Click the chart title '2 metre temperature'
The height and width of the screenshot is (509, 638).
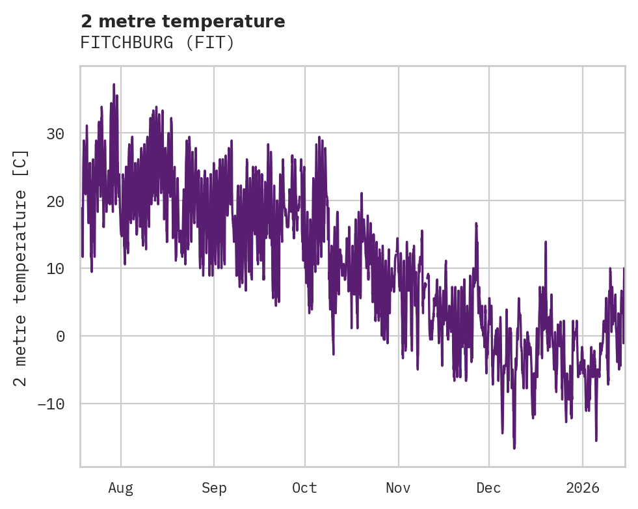click(183, 21)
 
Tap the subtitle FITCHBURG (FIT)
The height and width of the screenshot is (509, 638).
click(157, 43)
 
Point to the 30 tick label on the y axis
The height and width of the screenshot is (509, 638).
click(55, 134)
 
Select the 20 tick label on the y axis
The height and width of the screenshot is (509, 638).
click(55, 201)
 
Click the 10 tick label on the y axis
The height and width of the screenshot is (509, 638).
click(55, 269)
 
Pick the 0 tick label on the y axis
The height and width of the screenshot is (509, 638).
click(60, 336)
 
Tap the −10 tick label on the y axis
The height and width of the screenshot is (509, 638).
click(51, 404)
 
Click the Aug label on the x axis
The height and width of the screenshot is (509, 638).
click(121, 488)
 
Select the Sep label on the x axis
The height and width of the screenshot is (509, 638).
click(213, 488)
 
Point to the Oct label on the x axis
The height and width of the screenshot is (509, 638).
click(304, 488)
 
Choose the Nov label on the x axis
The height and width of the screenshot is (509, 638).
click(398, 488)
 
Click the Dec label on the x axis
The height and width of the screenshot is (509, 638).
click(489, 488)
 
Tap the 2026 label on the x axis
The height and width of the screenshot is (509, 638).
click(583, 488)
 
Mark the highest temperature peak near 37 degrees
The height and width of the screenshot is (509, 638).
click(113, 85)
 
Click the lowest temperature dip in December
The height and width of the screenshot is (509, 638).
click(514, 448)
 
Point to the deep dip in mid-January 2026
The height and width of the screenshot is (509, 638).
click(596, 440)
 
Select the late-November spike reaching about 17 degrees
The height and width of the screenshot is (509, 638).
click(476, 223)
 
